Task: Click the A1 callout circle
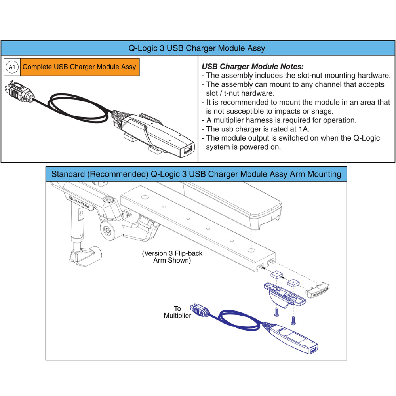pyautogui.click(x=12, y=67)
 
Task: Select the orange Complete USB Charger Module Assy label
pyautogui.click(x=79, y=67)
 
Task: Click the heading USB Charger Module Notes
pyautogui.click(x=253, y=67)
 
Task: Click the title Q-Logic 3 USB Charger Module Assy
pyautogui.click(x=197, y=48)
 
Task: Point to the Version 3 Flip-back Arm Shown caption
pyautogui.click(x=172, y=257)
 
